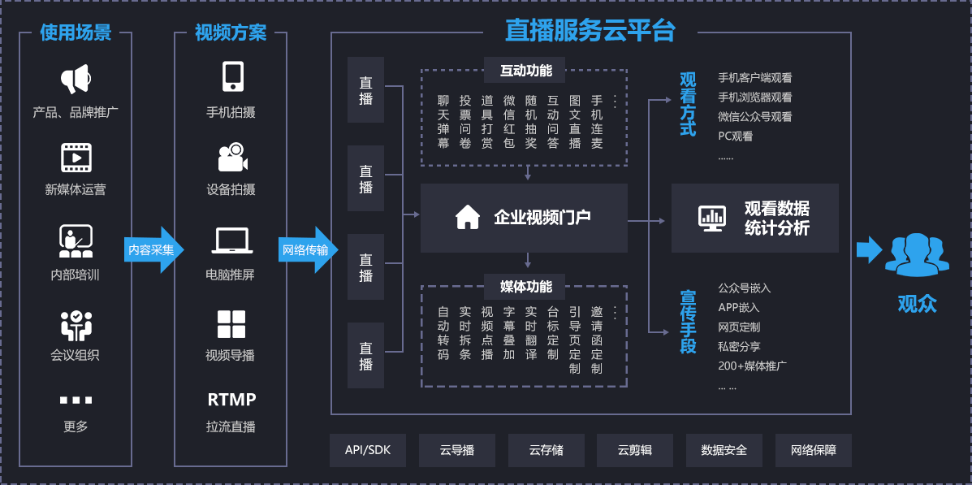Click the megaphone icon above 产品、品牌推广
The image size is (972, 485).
tap(75, 80)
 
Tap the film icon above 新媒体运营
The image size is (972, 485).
tap(76, 157)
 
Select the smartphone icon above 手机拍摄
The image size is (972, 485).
tap(232, 77)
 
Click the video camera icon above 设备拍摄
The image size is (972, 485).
tap(232, 157)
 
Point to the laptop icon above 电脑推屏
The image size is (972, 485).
tap(232, 241)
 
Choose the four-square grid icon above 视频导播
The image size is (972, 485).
tap(231, 323)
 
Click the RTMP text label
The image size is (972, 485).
tap(231, 400)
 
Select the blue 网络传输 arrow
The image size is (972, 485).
tap(307, 249)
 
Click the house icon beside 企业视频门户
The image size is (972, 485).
tap(468, 217)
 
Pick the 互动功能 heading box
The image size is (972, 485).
tap(526, 71)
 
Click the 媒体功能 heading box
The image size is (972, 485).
tap(526, 287)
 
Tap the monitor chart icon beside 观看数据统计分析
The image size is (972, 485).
tap(712, 217)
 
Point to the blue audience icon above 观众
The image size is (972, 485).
tap(917, 254)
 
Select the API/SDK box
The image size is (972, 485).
tap(367, 450)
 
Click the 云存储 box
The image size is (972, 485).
tap(546, 450)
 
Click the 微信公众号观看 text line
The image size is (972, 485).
tap(754, 117)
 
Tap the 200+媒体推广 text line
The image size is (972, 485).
tap(752, 366)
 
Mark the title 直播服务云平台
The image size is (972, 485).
tap(590, 31)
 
